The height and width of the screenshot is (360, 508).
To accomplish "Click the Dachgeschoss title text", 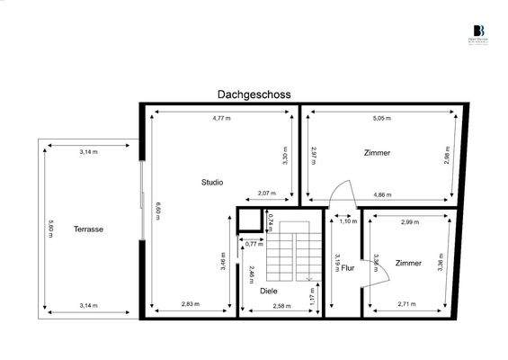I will tap(254, 94).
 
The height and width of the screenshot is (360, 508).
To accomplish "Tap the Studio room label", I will tap(212, 183).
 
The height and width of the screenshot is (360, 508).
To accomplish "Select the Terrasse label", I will tap(89, 229).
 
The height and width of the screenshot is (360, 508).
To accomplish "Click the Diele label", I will tap(268, 291).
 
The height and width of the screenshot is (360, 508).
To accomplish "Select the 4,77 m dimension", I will tap(221, 118).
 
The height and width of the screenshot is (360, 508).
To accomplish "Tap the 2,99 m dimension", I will tap(410, 221).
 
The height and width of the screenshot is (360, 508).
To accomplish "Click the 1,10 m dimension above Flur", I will tap(347, 221).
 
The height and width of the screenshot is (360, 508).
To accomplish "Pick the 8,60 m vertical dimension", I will tap(156, 211).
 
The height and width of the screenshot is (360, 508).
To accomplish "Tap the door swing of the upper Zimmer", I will tap(340, 192).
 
